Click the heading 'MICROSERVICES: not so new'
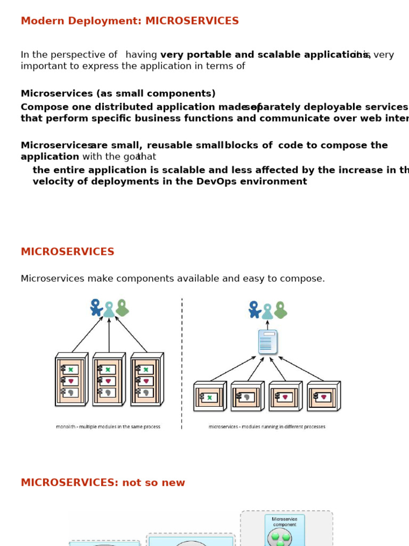103,483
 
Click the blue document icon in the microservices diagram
267,342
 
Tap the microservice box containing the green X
209,397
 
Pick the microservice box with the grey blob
247,397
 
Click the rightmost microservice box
323,397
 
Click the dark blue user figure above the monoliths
96,307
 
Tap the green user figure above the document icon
280,310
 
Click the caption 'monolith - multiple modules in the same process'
108,427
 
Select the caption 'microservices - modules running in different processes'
267,427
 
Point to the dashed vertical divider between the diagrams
182,363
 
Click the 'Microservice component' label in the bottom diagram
284,521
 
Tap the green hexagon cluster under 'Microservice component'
280,537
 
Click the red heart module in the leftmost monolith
71,381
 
